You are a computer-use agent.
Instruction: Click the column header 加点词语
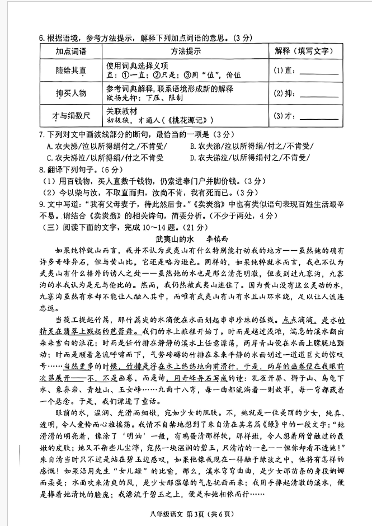tap(70, 51)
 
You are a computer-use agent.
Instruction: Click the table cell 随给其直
tap(70, 70)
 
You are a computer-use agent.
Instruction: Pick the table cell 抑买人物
tap(70, 94)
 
